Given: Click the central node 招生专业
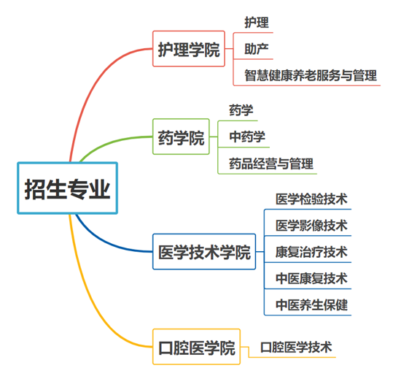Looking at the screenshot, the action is [67, 188].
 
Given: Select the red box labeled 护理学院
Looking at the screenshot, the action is [189, 49].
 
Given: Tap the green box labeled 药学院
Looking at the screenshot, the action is [181, 137].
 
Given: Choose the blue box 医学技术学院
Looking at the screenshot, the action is [204, 251].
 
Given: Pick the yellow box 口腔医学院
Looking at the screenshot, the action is [196, 347].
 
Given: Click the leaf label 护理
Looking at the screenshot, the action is [257, 23].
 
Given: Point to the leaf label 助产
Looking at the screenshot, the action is [257, 49].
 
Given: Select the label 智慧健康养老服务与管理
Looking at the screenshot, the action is [311, 75].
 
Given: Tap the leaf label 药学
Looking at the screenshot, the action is [241, 110].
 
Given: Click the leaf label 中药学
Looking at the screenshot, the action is [247, 137].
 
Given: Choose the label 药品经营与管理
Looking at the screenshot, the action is [271, 164].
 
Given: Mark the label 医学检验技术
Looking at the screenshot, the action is [311, 199].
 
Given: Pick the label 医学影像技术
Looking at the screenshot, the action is [311, 226].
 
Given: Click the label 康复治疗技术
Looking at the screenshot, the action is [311, 252].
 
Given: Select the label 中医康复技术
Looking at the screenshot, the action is [311, 278].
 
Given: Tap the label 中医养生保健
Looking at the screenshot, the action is [311, 305].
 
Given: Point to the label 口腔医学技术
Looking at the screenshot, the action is [296, 348].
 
